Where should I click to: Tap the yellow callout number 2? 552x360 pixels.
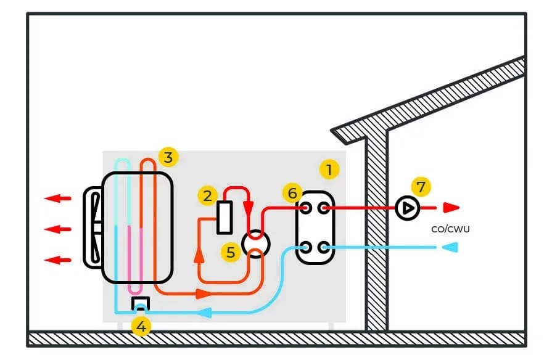207,196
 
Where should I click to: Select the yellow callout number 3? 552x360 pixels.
167,156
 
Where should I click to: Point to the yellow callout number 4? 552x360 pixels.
141,327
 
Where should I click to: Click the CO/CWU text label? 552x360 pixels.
448,228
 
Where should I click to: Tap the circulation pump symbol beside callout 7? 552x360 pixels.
407,208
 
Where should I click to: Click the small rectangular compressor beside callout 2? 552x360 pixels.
224,218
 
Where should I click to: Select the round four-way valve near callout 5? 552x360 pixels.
254,242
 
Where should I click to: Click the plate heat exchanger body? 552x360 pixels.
313,227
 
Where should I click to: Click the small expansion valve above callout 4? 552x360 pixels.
141,303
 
